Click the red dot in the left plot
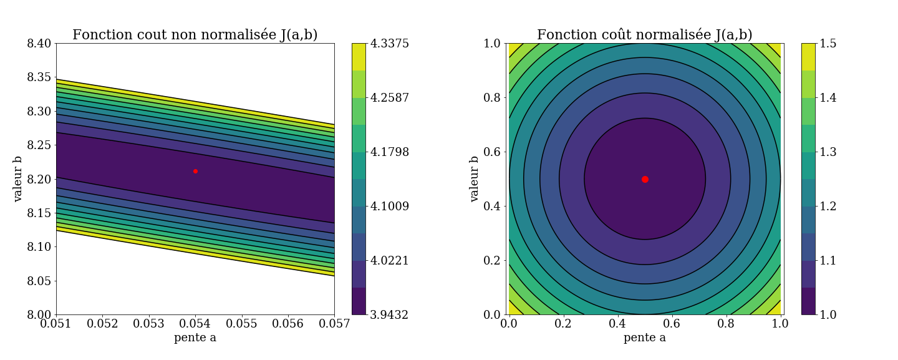(x=195, y=171)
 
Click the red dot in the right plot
(x=645, y=179)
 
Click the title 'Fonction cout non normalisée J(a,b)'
(x=195, y=35)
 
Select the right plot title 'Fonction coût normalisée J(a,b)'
(x=645, y=35)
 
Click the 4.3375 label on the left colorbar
(x=390, y=44)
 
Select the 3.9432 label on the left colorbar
(x=390, y=315)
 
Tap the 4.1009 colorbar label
(x=390, y=207)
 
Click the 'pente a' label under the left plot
(x=195, y=338)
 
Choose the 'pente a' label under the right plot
(x=645, y=338)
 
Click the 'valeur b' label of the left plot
(x=18, y=179)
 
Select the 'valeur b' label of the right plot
(x=475, y=179)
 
